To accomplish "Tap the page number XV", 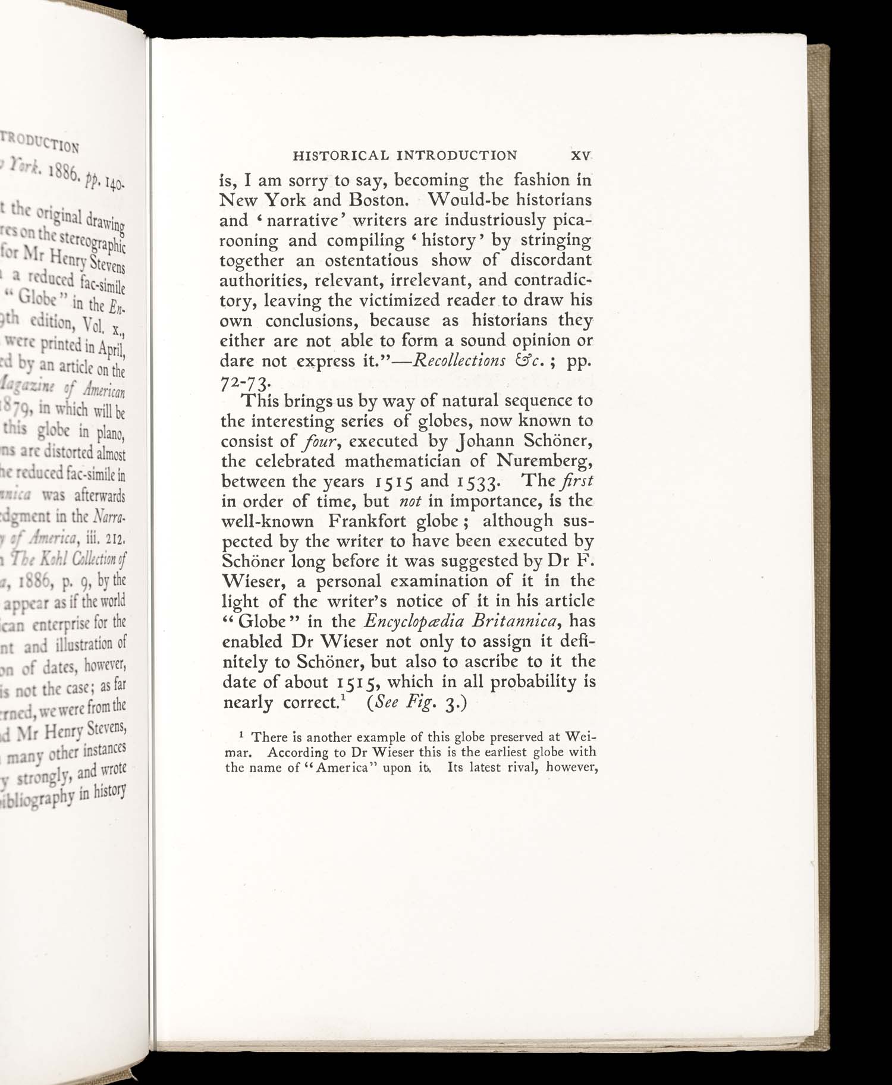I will (x=580, y=156).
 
